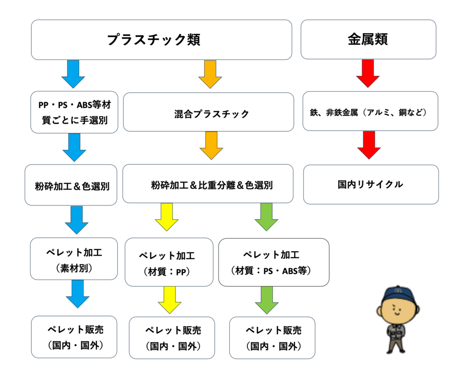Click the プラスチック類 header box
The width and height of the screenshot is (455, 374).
click(x=161, y=40)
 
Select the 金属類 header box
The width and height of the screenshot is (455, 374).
click(x=368, y=39)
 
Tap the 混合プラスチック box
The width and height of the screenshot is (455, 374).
click(x=208, y=112)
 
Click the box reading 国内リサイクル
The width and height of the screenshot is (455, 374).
click(x=371, y=184)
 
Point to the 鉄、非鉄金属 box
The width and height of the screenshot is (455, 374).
click(x=370, y=111)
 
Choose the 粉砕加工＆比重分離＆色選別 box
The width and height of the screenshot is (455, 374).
click(x=208, y=184)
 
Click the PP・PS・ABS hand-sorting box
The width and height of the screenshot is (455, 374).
click(x=74, y=112)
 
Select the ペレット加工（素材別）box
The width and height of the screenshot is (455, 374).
click(x=74, y=258)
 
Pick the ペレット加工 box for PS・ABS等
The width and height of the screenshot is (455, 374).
click(x=274, y=262)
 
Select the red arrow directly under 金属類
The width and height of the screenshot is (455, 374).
click(x=368, y=73)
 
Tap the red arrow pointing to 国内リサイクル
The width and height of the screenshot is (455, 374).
click(x=369, y=145)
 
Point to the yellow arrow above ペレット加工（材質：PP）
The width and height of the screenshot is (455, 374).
click(x=167, y=217)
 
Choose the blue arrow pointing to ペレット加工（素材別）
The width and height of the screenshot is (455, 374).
click(x=77, y=220)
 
